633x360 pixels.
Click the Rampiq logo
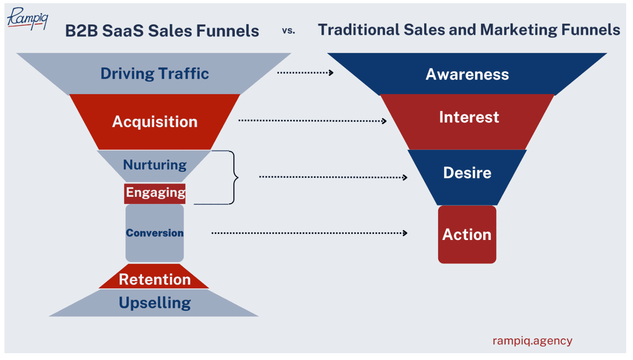pyautogui.click(x=27, y=18)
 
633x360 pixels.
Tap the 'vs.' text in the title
pyautogui.click(x=288, y=31)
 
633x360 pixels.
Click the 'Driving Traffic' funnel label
pyautogui.click(x=154, y=74)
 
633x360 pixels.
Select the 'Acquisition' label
pyautogui.click(x=155, y=122)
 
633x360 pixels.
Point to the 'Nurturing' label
pyautogui.click(x=155, y=165)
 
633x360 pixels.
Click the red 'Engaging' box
pyautogui.click(x=155, y=193)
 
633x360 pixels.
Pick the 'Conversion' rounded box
pyautogui.click(x=155, y=233)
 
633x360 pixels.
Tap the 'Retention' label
pyautogui.click(x=155, y=279)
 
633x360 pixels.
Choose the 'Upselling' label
pyautogui.click(x=155, y=303)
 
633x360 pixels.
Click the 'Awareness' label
pyautogui.click(x=467, y=74)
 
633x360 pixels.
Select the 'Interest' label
pyautogui.click(x=469, y=117)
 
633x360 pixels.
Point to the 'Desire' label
pyautogui.click(x=467, y=173)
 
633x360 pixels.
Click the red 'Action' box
pyautogui.click(x=467, y=234)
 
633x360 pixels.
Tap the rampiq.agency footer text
pyautogui.click(x=532, y=340)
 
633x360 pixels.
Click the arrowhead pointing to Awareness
pyautogui.click(x=331, y=73)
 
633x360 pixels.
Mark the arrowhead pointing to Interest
pyautogui.click(x=384, y=121)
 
